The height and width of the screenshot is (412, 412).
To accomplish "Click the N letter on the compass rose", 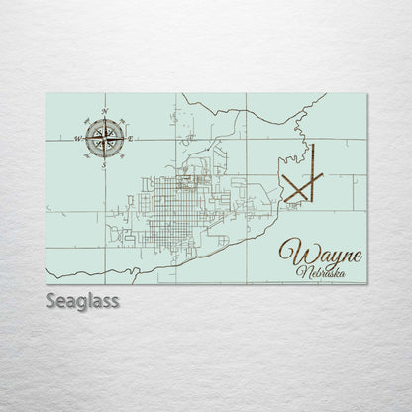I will pyautogui.click(x=104, y=110).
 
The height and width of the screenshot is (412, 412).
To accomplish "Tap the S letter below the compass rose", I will pyautogui.click(x=104, y=165).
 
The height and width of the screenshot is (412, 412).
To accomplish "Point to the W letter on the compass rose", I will pyautogui.click(x=75, y=139).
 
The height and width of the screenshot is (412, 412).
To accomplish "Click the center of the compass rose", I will pyautogui.click(x=104, y=138).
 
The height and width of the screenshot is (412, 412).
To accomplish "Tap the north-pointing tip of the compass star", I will pyautogui.click(x=104, y=118).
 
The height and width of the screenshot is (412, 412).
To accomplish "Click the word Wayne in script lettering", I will pyautogui.click(x=320, y=253).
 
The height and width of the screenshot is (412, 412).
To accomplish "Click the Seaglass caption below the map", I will pyautogui.click(x=82, y=301).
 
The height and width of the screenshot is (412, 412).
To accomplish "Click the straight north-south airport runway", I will pyautogui.click(x=311, y=172).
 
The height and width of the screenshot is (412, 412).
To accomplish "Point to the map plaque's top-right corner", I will pyautogui.click(x=366, y=94).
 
